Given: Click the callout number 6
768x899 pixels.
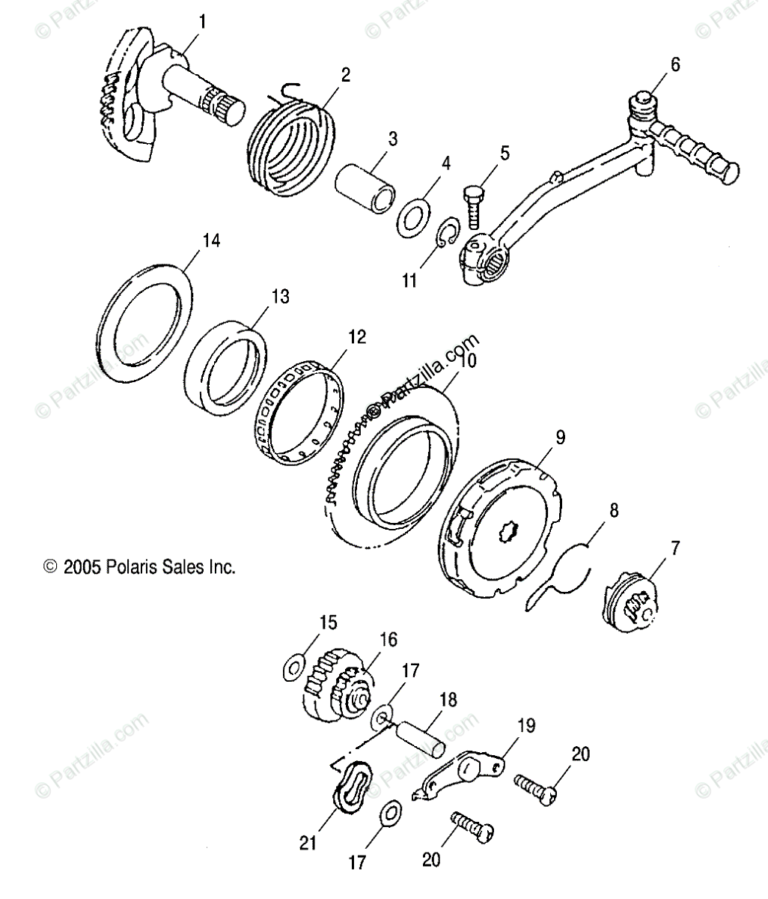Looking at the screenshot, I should point(675,65).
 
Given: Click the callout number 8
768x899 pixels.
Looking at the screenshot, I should point(614,511).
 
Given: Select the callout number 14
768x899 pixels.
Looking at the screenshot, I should point(211,240).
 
